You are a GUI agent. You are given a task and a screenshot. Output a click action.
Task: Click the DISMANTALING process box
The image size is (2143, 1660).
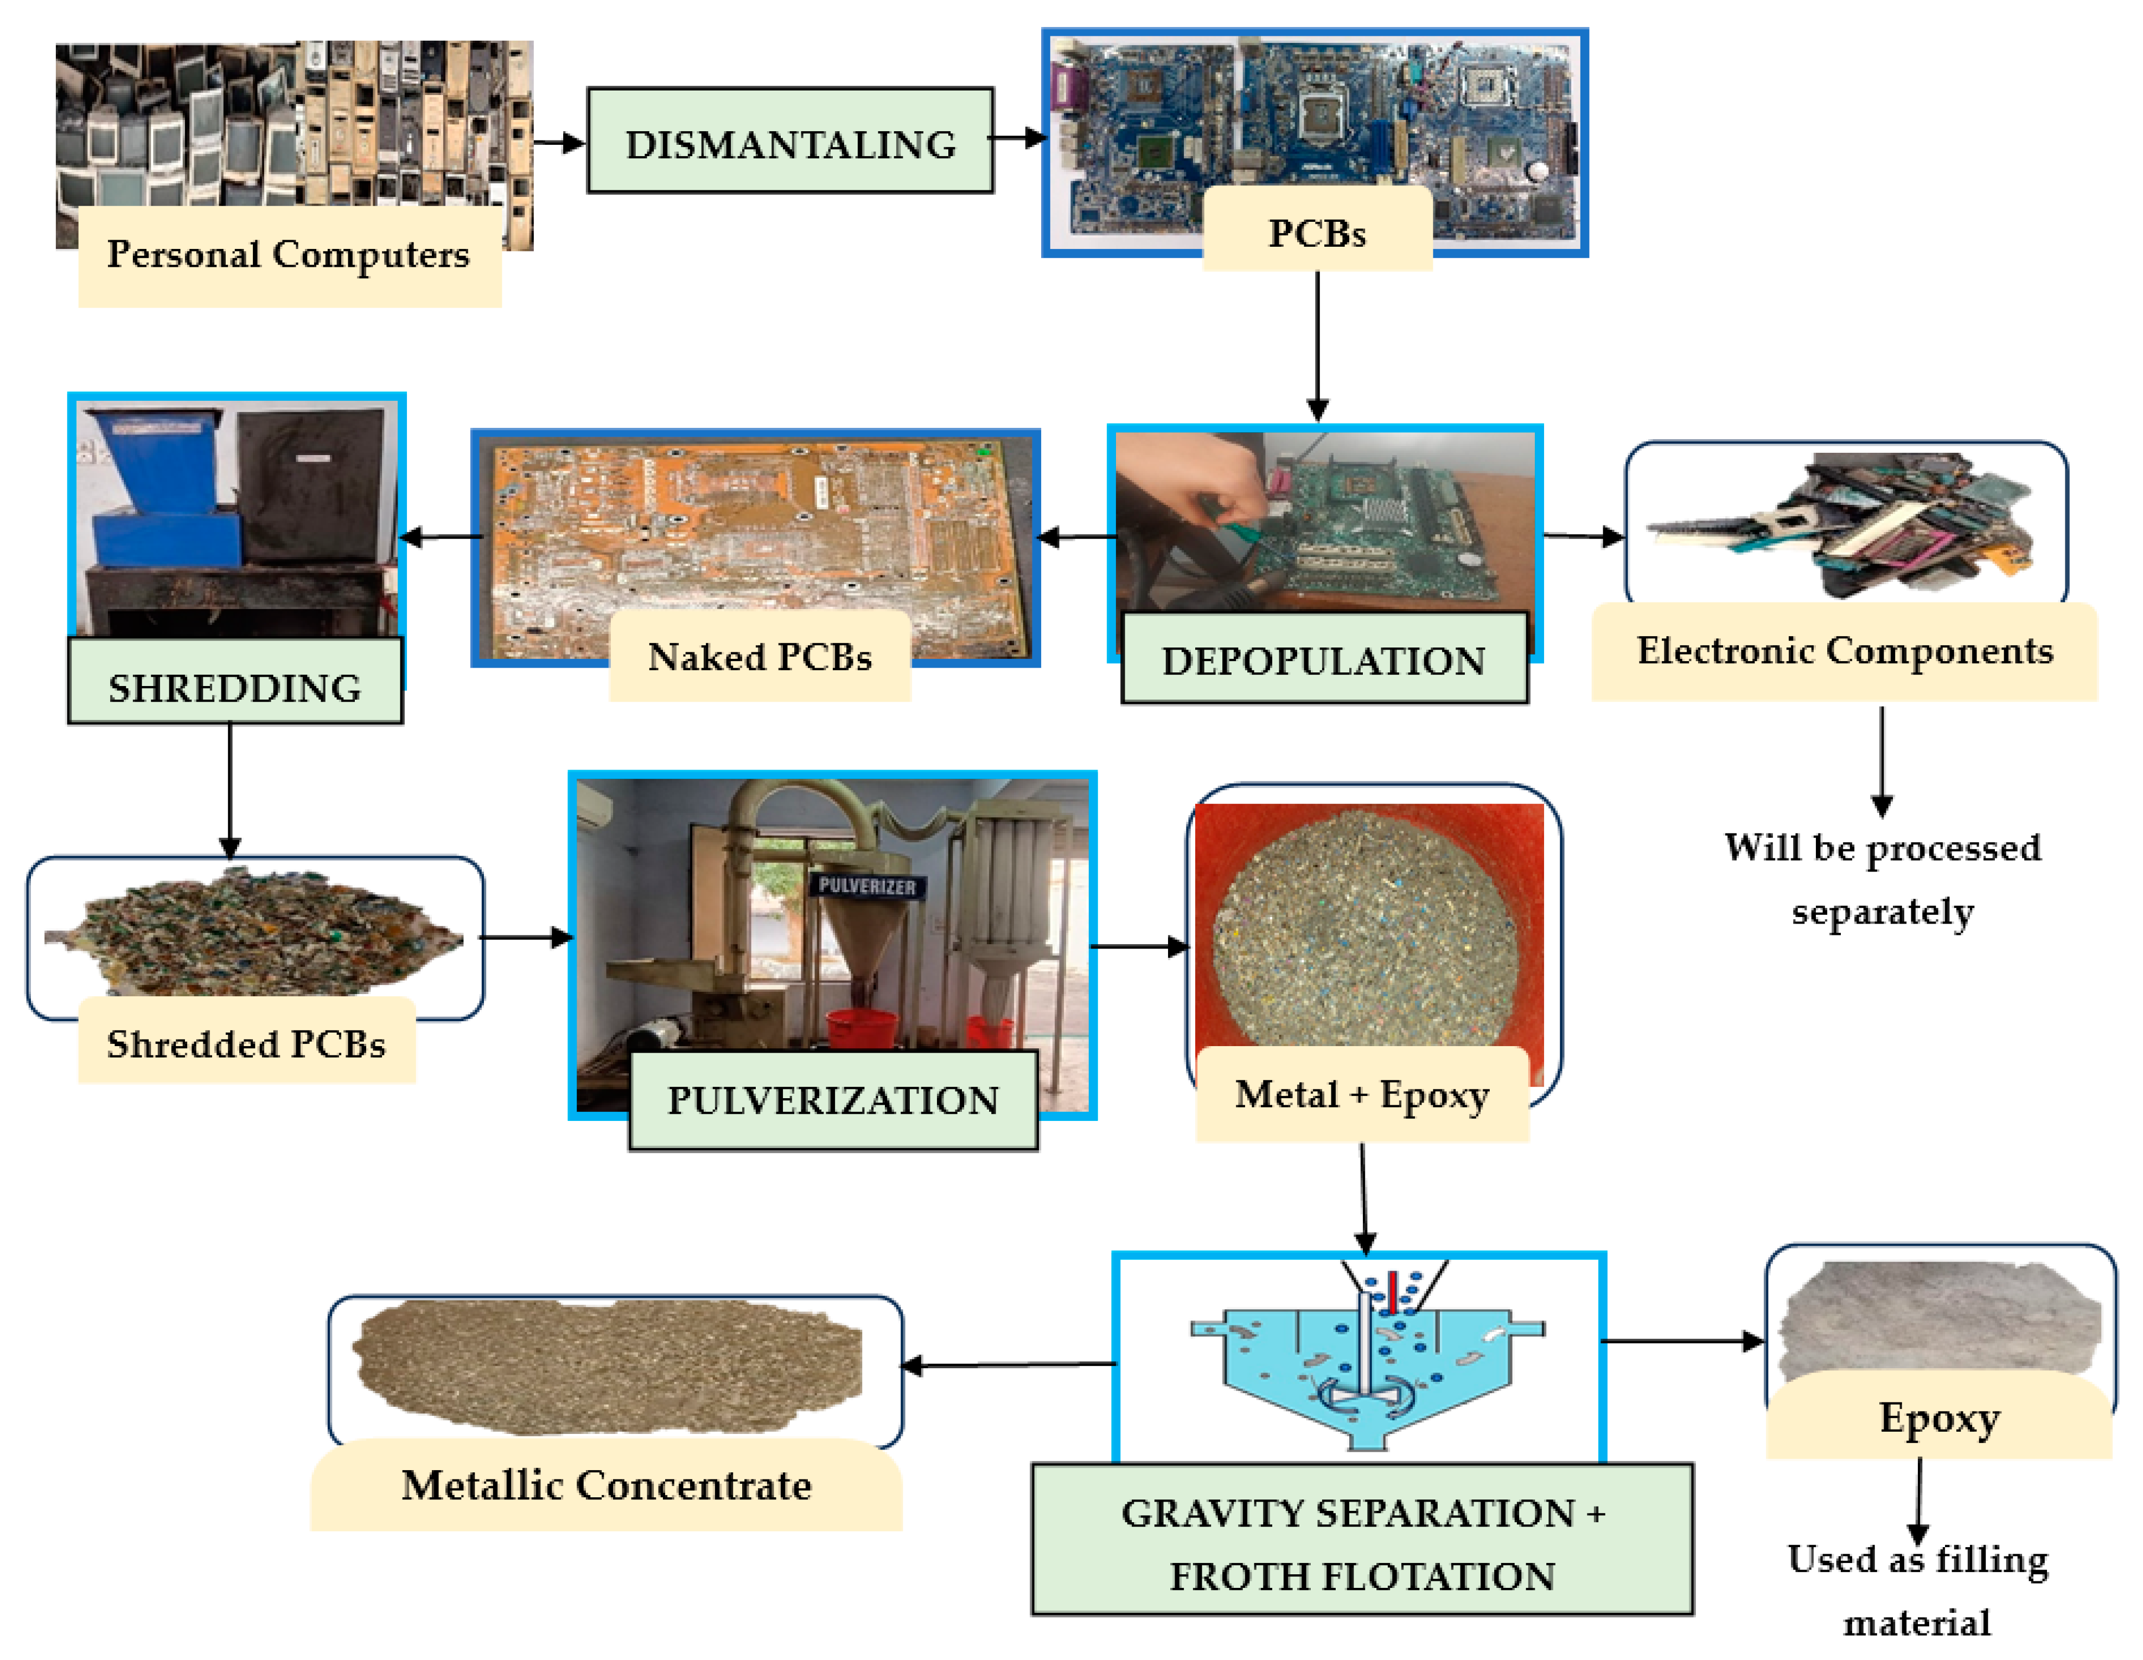[790, 142]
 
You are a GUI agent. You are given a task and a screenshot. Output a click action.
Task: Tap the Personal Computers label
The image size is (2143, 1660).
[289, 255]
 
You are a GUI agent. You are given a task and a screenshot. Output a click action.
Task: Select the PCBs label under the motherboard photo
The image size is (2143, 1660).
[1317, 233]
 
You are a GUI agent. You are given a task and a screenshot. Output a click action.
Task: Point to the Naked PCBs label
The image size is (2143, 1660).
[760, 656]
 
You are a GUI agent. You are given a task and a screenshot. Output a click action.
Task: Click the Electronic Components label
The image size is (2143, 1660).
[1844, 650]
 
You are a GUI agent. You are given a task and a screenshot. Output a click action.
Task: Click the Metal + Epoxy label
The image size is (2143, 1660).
[1362, 1094]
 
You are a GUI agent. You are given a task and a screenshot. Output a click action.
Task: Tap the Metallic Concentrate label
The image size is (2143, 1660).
[607, 1484]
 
